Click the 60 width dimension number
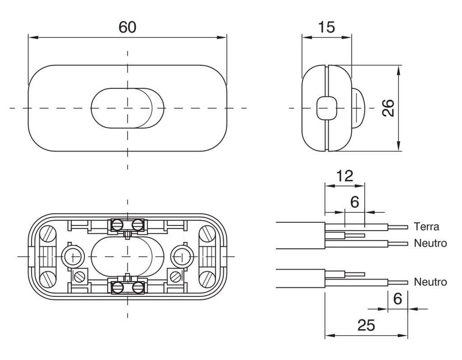tap(127, 27)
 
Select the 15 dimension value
tap(326, 27)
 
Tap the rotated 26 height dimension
tap(388, 108)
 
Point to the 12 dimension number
tap(344, 176)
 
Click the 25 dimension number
tap(365, 325)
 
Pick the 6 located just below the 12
tap(355, 202)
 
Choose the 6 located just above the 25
tap(397, 299)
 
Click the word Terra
tap(426, 226)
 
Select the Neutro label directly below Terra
tap(430, 244)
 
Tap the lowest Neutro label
tap(430, 282)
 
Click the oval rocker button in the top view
tap(128, 108)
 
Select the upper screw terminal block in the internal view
tap(128, 224)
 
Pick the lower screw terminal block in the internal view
tap(128, 287)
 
